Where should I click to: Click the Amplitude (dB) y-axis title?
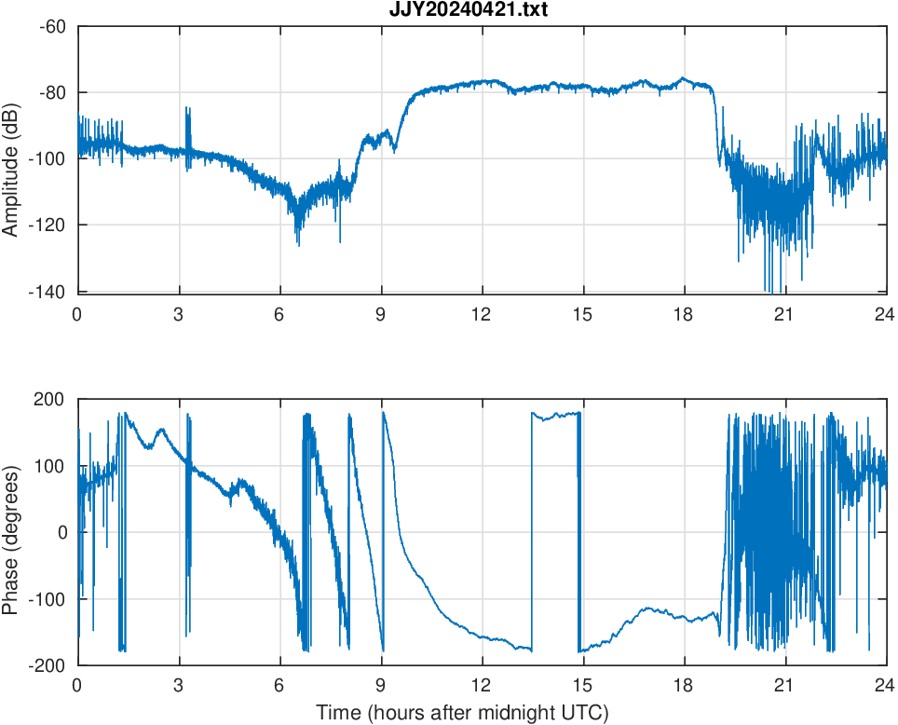click(x=11, y=158)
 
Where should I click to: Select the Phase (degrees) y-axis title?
click(x=11, y=532)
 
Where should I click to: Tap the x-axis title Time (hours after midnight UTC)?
click(x=462, y=714)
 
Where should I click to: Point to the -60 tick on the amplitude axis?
click(x=52, y=26)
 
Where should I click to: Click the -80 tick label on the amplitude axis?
click(x=52, y=92)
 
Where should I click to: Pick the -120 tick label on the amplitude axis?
click(x=48, y=225)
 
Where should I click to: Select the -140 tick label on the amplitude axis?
click(x=48, y=291)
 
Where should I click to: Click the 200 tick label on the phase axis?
click(x=50, y=400)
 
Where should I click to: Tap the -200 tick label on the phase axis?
click(x=47, y=665)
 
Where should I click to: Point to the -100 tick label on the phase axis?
click(x=47, y=598)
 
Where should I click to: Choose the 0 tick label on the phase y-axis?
click(x=62, y=532)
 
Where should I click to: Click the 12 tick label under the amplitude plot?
click(x=482, y=314)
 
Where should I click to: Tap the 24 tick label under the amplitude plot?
click(x=886, y=314)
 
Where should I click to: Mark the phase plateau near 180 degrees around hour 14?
click(x=555, y=415)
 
